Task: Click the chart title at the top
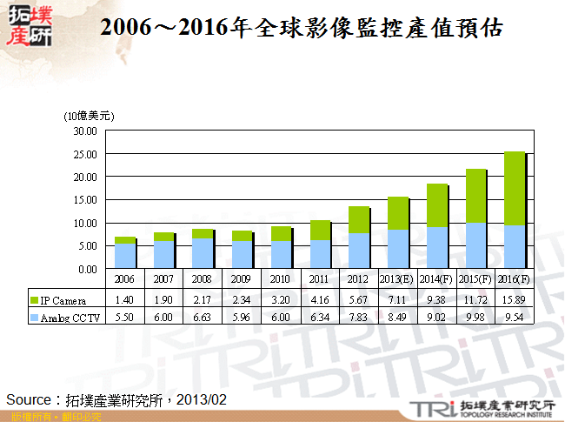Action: (x=302, y=28)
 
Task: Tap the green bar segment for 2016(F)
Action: (x=515, y=189)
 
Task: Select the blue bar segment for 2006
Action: (x=124, y=256)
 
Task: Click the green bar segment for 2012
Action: (x=358, y=220)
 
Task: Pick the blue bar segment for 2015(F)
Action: (x=475, y=245)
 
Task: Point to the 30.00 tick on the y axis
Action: (x=84, y=131)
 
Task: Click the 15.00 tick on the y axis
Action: (x=84, y=200)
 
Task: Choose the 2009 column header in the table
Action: (x=243, y=278)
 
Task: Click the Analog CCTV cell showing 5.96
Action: (x=243, y=317)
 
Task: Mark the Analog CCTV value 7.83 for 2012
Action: (x=359, y=317)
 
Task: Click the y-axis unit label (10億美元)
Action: (x=89, y=115)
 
